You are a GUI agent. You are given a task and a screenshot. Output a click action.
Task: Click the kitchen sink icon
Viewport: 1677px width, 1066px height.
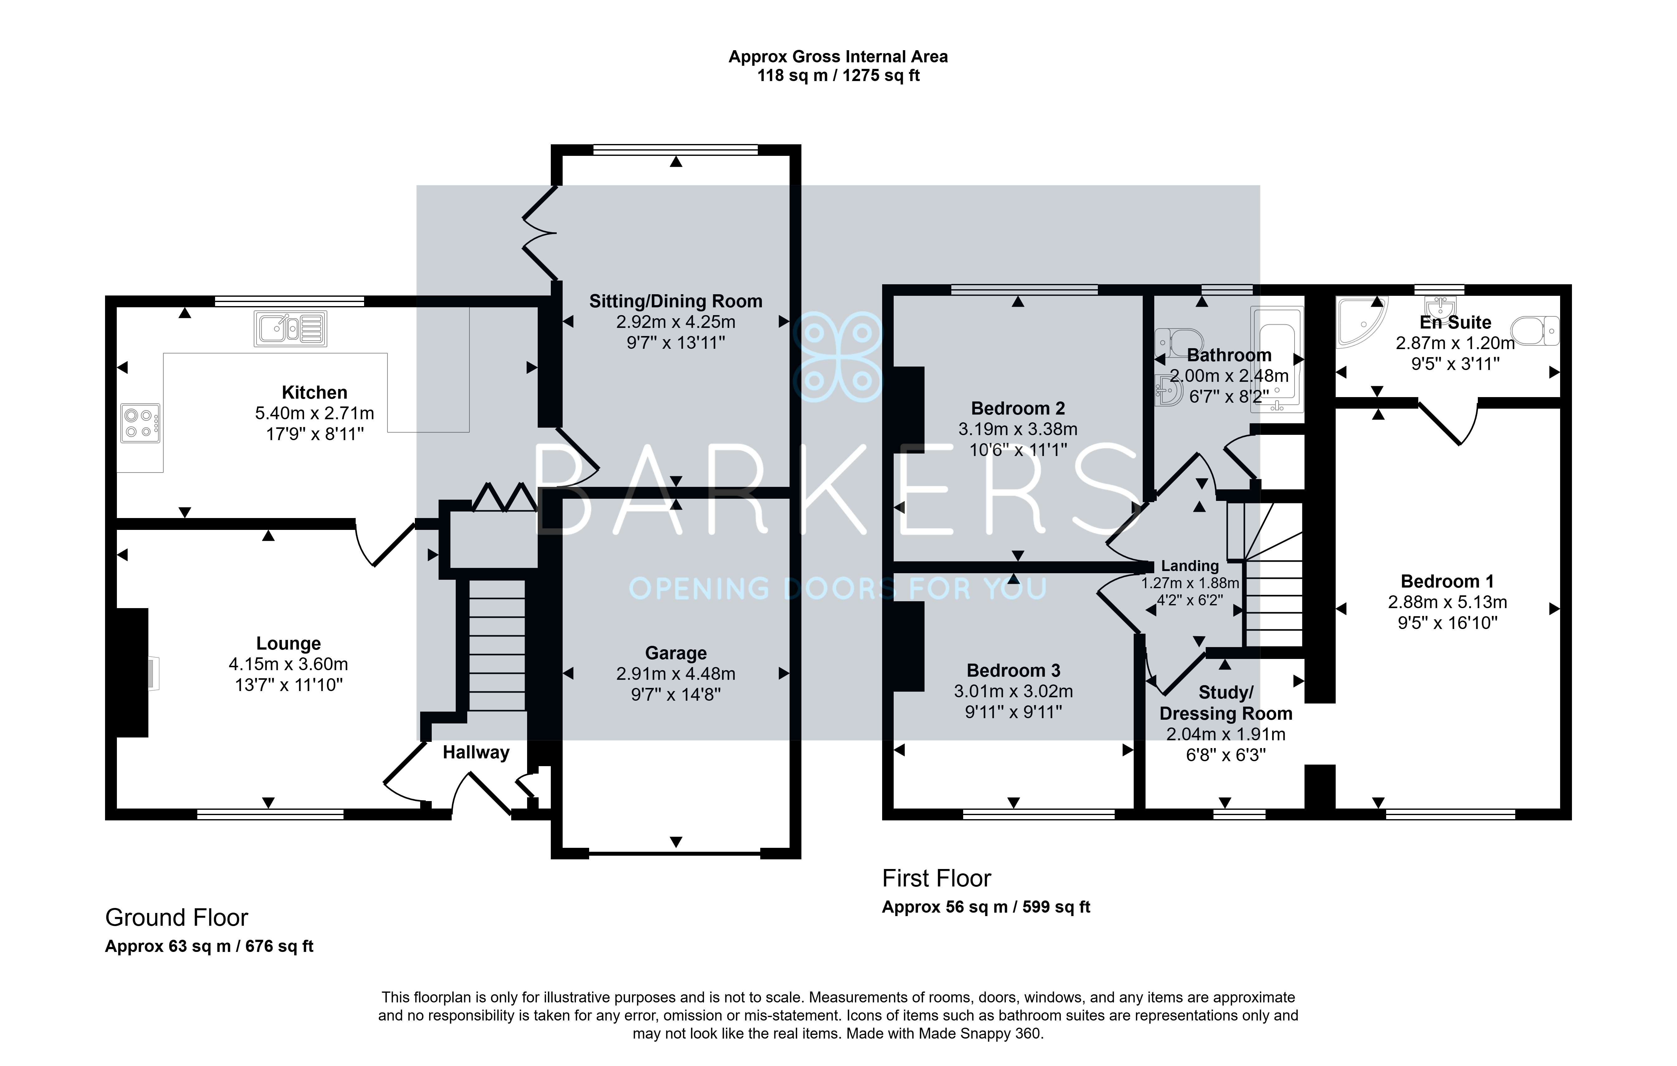[291, 329]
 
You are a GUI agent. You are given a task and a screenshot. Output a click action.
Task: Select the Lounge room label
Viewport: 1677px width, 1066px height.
[288, 643]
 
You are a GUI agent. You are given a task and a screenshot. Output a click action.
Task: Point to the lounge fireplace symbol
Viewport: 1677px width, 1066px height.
[132, 673]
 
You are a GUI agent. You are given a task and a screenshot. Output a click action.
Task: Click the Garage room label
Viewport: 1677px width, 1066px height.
[675, 653]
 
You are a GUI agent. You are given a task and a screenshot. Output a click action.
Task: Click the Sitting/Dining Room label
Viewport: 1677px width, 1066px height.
[675, 301]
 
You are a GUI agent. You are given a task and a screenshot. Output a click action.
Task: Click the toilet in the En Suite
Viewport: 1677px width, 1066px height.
[1535, 330]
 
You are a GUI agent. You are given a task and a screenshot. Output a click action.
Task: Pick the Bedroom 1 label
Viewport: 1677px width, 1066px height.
[1447, 581]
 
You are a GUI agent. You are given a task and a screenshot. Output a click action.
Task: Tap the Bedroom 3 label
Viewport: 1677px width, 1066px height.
[1013, 670]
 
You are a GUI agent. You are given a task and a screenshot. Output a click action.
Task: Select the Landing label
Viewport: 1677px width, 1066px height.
[1189, 566]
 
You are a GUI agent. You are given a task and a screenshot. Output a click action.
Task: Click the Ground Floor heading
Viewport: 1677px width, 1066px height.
[176, 918]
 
